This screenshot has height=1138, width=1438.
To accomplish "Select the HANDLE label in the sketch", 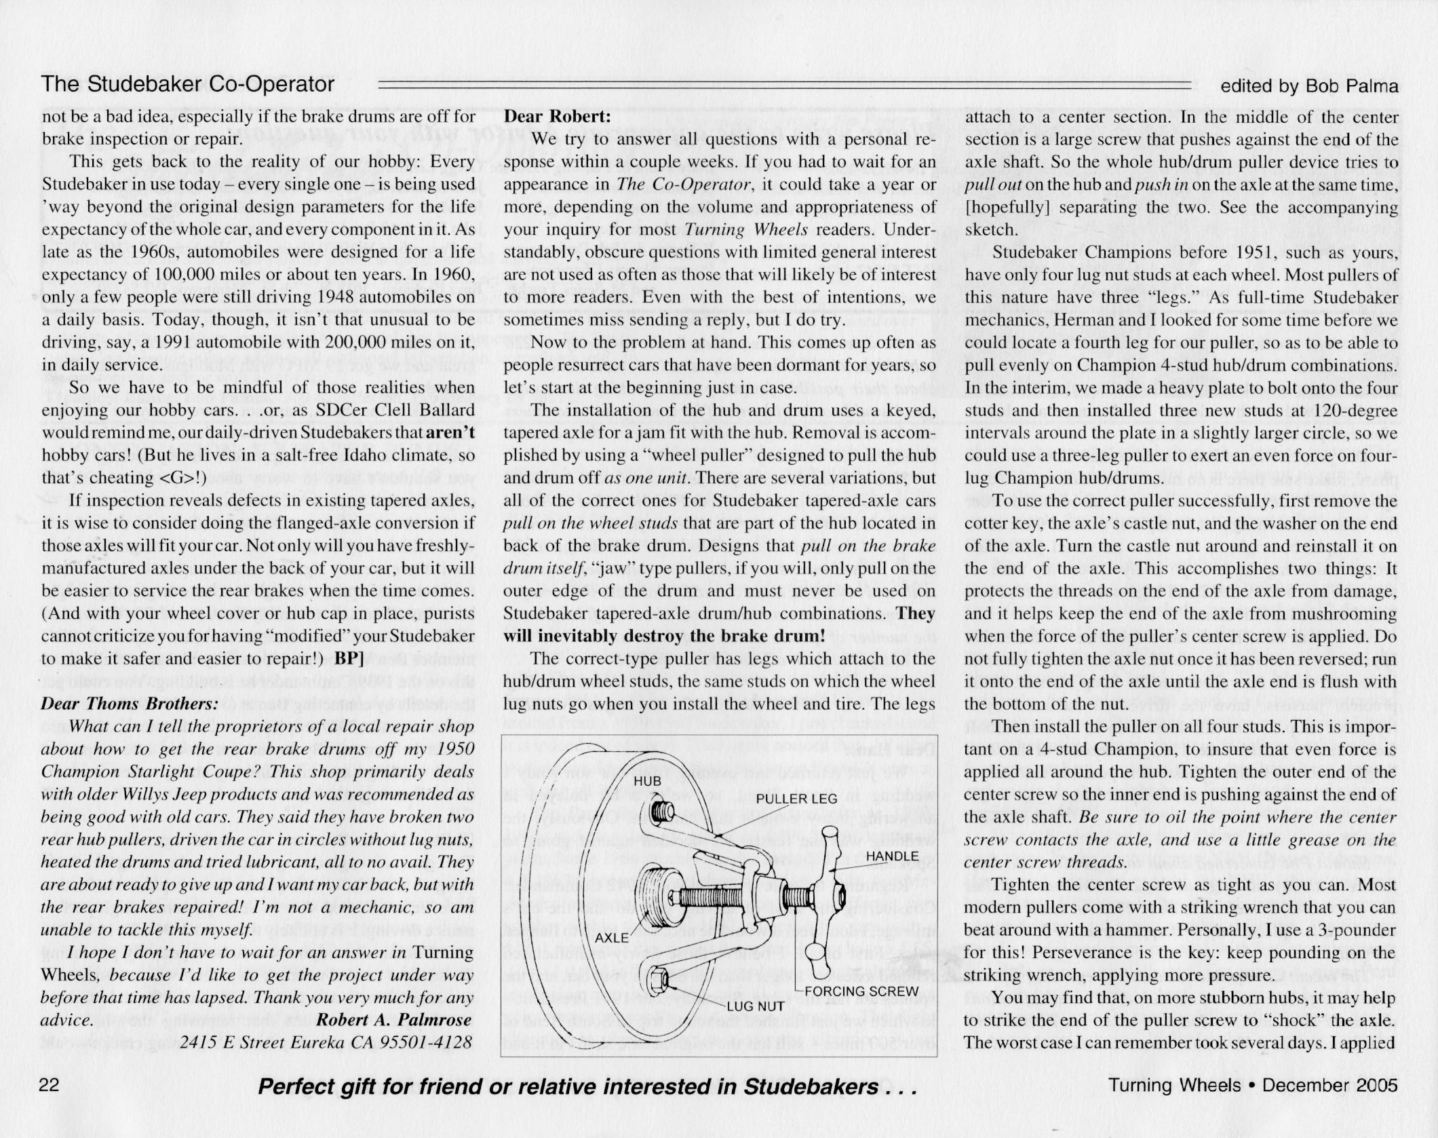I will tap(892, 856).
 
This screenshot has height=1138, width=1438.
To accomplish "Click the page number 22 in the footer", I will tap(52, 1086).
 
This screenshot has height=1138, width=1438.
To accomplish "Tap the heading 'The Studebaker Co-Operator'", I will tap(188, 84).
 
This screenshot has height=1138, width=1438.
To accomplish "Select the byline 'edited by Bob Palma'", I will tap(1309, 87).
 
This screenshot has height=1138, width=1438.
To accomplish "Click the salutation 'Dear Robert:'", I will tap(558, 116).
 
